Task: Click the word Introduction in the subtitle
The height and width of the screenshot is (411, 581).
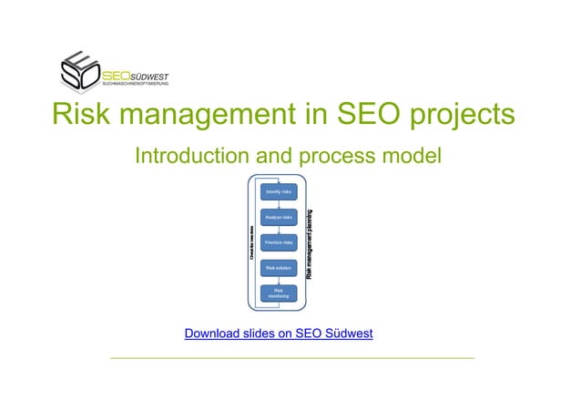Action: point(194,156)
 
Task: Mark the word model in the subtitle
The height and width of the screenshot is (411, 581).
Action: point(407,156)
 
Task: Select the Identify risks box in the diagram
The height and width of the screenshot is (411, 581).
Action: point(278,192)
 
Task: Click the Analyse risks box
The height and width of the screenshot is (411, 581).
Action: point(278,218)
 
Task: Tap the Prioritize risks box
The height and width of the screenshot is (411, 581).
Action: point(278,242)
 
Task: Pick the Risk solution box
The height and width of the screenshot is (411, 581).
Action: point(278,268)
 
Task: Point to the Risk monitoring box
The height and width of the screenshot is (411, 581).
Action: point(278,293)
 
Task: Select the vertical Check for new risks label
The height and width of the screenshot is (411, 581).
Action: point(252,243)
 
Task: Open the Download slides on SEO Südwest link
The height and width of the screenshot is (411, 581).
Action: point(279,334)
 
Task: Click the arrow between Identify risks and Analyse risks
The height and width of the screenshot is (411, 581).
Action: point(278,205)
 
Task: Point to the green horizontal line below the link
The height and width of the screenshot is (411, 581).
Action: point(291,358)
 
